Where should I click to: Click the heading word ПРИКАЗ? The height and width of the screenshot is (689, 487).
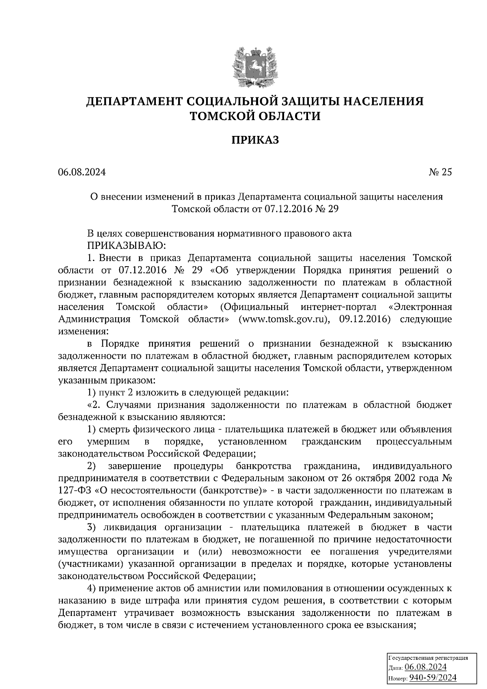point(255,140)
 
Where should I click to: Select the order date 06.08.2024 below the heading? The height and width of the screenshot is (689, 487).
point(82,172)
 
